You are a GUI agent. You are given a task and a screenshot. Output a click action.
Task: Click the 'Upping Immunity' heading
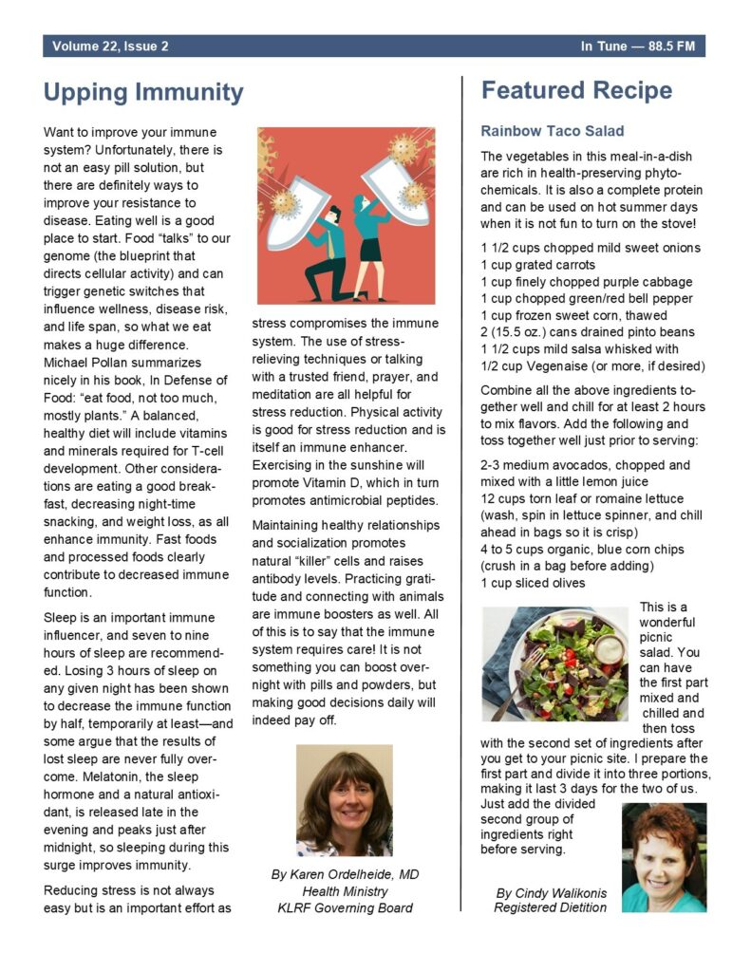[x=143, y=92]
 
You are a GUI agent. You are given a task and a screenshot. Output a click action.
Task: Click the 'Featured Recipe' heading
[x=576, y=90]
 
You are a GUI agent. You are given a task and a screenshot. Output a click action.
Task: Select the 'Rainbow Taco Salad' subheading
[x=552, y=130]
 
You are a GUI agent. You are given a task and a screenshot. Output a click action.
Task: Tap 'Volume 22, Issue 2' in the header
[x=111, y=46]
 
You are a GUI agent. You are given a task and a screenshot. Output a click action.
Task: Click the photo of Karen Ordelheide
[x=344, y=799]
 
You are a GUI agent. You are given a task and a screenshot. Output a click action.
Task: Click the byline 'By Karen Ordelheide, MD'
[x=345, y=873]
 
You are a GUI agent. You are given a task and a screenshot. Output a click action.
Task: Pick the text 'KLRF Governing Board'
[x=345, y=907]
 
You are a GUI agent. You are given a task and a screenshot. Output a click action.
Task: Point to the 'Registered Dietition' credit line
[x=550, y=907]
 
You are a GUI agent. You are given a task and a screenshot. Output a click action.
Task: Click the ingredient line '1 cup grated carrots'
[x=538, y=265]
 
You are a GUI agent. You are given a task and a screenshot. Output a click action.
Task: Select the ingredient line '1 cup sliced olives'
[x=532, y=582]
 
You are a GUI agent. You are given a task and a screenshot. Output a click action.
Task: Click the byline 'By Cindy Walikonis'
[x=551, y=892]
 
